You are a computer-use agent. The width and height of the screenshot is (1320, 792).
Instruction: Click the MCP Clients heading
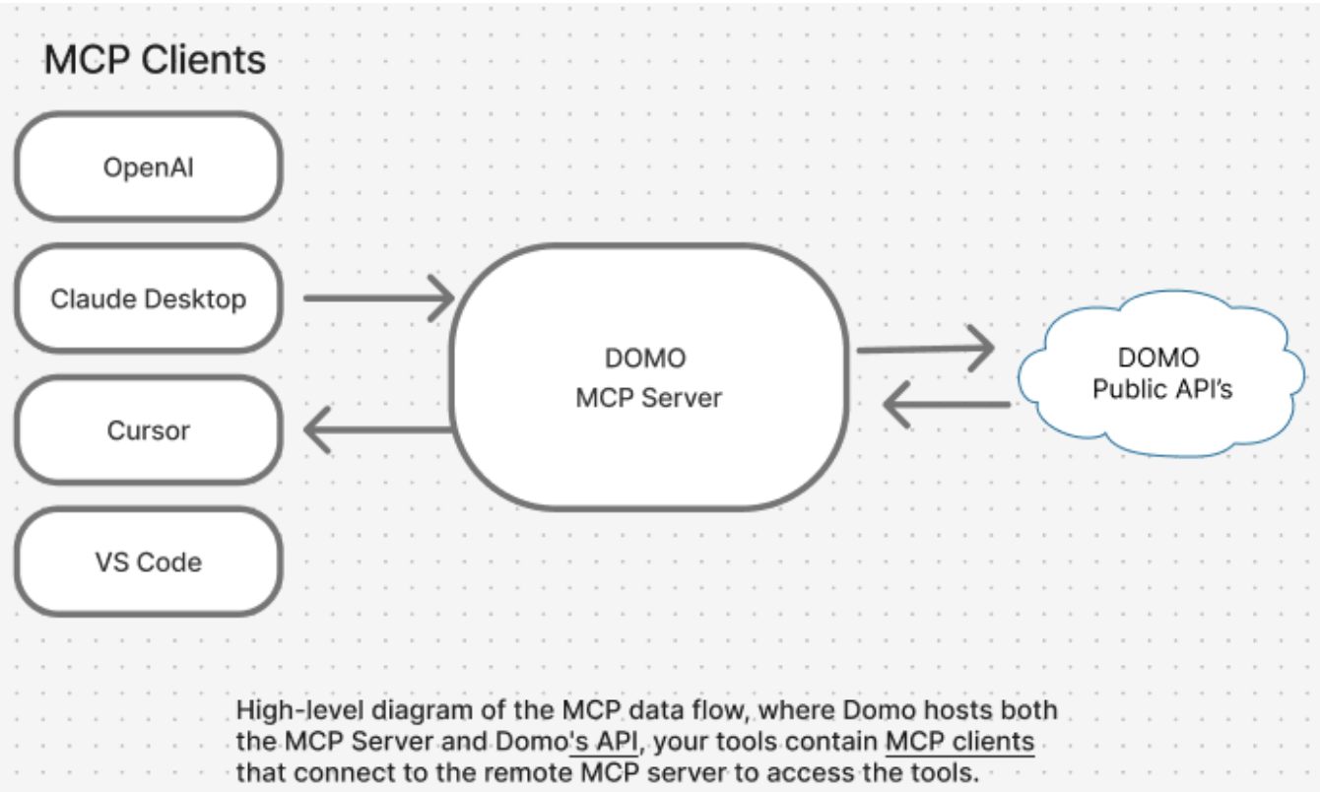[x=155, y=60]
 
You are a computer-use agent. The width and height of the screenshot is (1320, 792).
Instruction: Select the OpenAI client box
[x=149, y=167]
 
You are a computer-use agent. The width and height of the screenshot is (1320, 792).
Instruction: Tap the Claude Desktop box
[x=149, y=298]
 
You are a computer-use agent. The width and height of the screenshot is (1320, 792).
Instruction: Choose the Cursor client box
[x=149, y=430]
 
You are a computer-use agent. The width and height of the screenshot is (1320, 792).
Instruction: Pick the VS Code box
[x=149, y=562]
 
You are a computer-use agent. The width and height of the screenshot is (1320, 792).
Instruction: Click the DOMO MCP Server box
[x=649, y=377]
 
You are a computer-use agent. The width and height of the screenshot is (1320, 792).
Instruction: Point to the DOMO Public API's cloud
[x=1161, y=373]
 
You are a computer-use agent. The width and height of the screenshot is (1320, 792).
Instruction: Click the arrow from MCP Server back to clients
[x=377, y=429]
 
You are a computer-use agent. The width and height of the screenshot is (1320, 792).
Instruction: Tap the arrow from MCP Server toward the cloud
[x=926, y=349]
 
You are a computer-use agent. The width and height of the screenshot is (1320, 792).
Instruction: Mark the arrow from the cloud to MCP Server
[x=947, y=404]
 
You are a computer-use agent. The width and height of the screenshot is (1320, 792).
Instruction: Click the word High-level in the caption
[x=299, y=710]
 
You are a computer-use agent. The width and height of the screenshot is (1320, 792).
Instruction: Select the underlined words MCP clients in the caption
[x=959, y=742]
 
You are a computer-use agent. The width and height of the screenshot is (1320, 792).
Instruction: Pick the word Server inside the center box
[x=682, y=398]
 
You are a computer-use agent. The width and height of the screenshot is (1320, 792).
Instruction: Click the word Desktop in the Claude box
[x=195, y=299]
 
